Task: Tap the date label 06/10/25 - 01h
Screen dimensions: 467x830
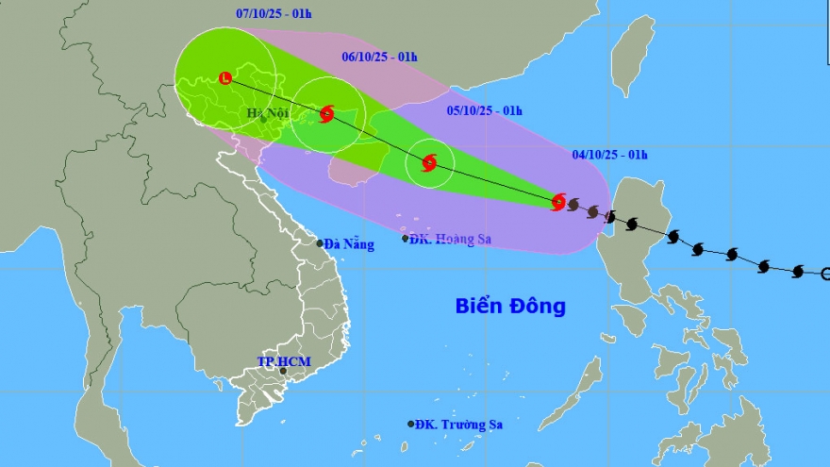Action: pyautogui.click(x=379, y=57)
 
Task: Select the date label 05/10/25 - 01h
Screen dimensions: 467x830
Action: pyautogui.click(x=484, y=110)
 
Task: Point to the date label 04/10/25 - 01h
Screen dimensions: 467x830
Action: pyautogui.click(x=608, y=155)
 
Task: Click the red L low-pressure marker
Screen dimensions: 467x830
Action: pyautogui.click(x=225, y=77)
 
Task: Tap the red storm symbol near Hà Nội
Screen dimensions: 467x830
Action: pyautogui.click(x=326, y=114)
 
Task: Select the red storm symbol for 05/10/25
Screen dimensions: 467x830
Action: pyautogui.click(x=429, y=162)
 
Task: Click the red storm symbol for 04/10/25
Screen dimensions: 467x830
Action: pyautogui.click(x=558, y=202)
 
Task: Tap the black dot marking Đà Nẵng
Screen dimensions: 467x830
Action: pyautogui.click(x=321, y=243)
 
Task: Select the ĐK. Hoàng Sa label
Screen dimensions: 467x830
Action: pyautogui.click(x=456, y=240)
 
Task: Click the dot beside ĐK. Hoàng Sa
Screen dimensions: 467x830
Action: pyautogui.click(x=406, y=239)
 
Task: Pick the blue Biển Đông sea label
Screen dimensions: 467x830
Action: pyautogui.click(x=510, y=307)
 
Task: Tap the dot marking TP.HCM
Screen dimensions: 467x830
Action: pyautogui.click(x=282, y=372)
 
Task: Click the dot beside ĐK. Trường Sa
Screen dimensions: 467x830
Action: pyautogui.click(x=411, y=425)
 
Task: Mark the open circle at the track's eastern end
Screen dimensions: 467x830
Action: pyautogui.click(x=826, y=275)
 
